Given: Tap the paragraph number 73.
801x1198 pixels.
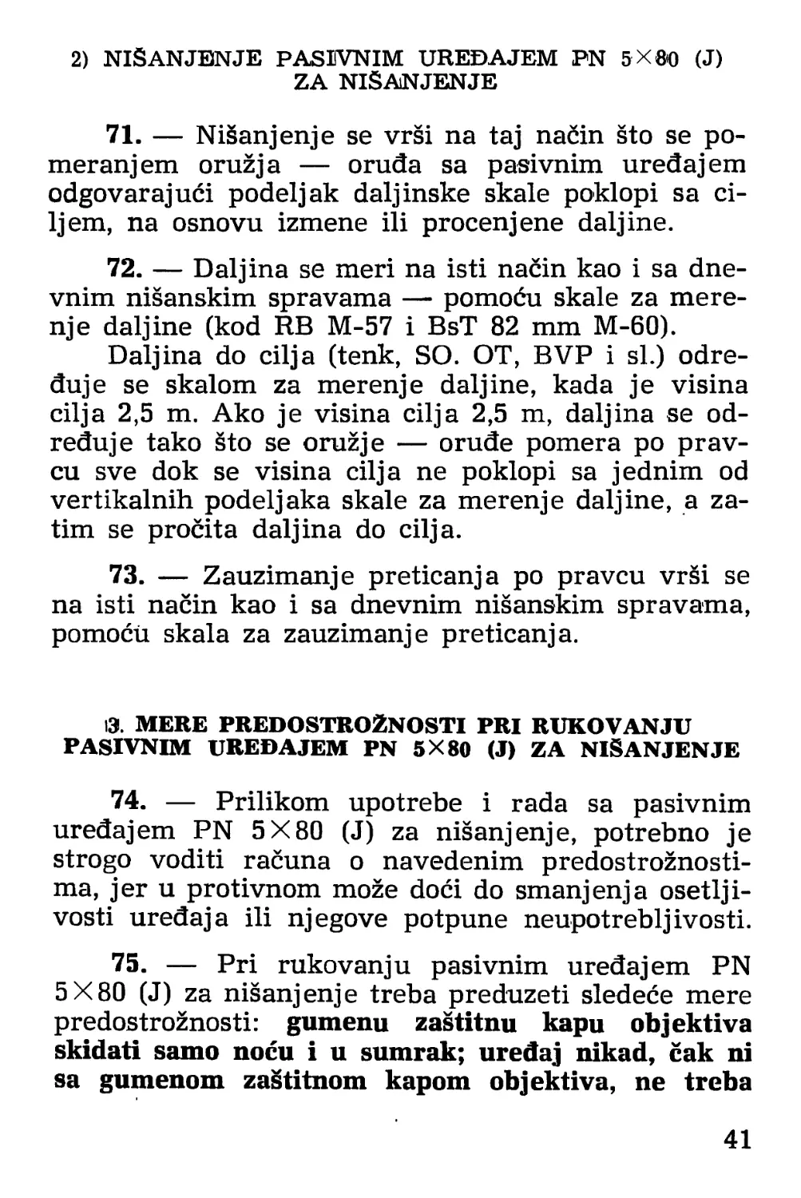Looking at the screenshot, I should pos(125,575).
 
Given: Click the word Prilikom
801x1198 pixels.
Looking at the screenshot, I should pos(272,802).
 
